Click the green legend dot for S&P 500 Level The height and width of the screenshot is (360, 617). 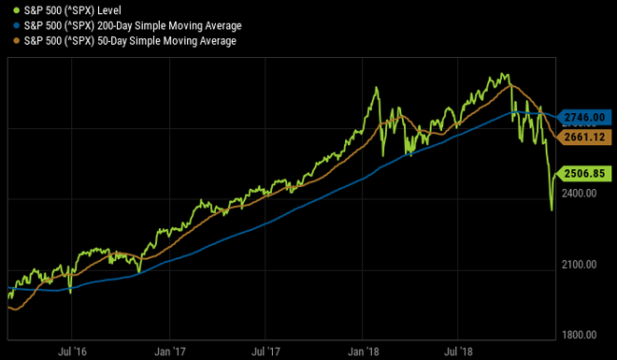[7, 10]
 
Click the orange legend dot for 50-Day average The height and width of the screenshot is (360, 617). [7, 41]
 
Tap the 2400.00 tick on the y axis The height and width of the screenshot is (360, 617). [581, 193]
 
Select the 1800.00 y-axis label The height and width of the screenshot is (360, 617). [581, 335]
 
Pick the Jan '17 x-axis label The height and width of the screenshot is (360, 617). [169, 352]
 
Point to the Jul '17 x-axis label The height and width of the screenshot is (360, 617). [265, 352]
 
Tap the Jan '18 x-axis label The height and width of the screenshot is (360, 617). [364, 352]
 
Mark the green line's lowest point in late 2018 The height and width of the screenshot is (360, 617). [552, 210]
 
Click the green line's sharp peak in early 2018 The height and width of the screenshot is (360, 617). [377, 89]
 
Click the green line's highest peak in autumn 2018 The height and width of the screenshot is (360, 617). [506, 73]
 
